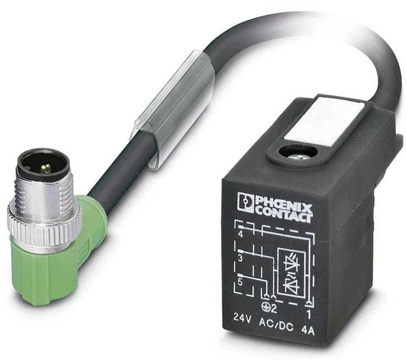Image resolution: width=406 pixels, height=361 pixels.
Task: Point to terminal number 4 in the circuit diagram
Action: coord(241,235)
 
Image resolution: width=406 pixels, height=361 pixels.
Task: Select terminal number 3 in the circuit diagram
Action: coord(240,258)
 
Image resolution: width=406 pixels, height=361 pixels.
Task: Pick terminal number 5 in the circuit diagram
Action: coord(240,283)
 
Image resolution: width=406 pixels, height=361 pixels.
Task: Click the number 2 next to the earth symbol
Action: coord(274,309)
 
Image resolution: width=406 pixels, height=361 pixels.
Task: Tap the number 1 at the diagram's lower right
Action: coord(309,315)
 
